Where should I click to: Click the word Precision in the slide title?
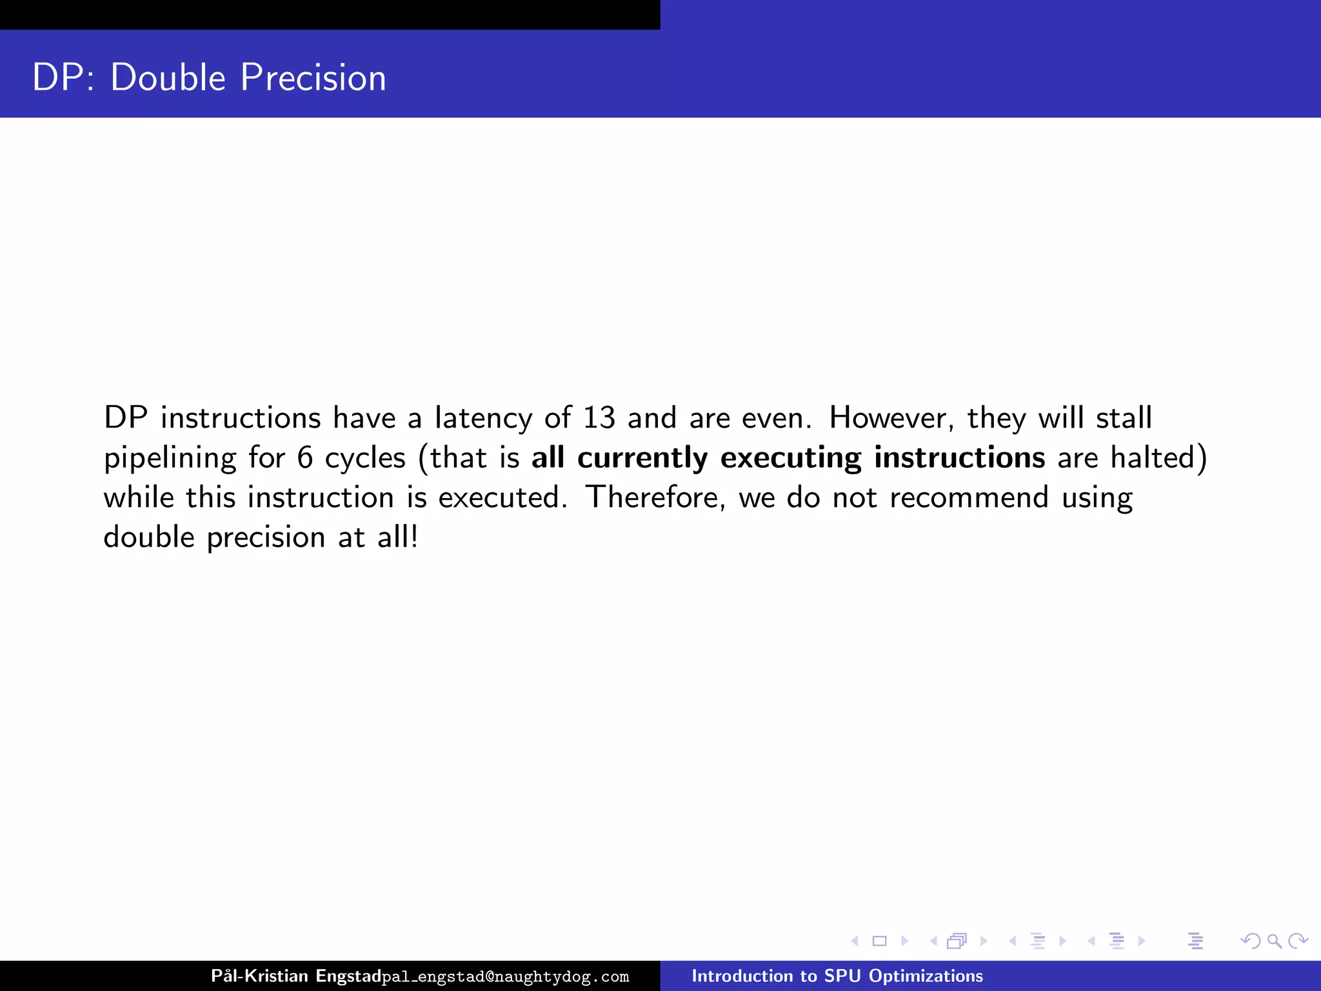coord(313,78)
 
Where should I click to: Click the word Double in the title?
coord(168,78)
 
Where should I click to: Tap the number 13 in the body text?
coord(599,418)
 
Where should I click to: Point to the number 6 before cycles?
coord(305,458)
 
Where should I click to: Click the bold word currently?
coord(642,458)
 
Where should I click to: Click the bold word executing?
coord(791,458)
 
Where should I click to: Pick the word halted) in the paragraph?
coord(1158,458)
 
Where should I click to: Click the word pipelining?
coord(170,458)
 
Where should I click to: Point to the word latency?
coord(483,418)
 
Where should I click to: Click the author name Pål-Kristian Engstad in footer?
coord(296,976)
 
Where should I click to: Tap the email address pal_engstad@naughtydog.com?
coord(505,977)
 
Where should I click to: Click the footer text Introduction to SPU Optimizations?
coord(837,976)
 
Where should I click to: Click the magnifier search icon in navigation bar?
coord(1274,941)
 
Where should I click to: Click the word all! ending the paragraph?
coord(397,537)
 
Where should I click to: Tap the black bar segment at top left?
coord(330,14)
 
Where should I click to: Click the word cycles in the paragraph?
coord(365,458)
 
